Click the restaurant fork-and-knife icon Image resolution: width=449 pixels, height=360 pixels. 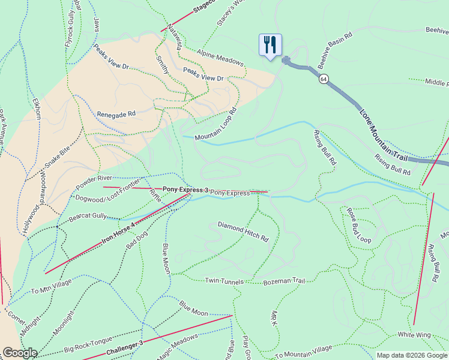coord(270,45)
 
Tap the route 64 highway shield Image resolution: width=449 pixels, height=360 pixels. coord(324,79)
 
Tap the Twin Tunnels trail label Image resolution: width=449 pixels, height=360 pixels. coord(224,281)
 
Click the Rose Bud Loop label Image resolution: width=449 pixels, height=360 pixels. coord(359,226)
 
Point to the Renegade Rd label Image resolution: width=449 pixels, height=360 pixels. coord(116,113)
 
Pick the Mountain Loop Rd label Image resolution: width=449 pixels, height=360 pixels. coord(216,126)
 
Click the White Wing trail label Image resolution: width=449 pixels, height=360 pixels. coord(414,334)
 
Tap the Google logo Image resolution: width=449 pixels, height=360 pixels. coord(20,353)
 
